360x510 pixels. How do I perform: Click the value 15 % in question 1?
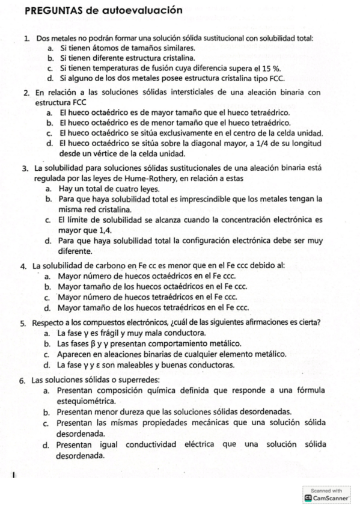240,69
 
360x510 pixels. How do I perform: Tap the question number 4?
22,266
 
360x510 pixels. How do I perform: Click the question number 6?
22,381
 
